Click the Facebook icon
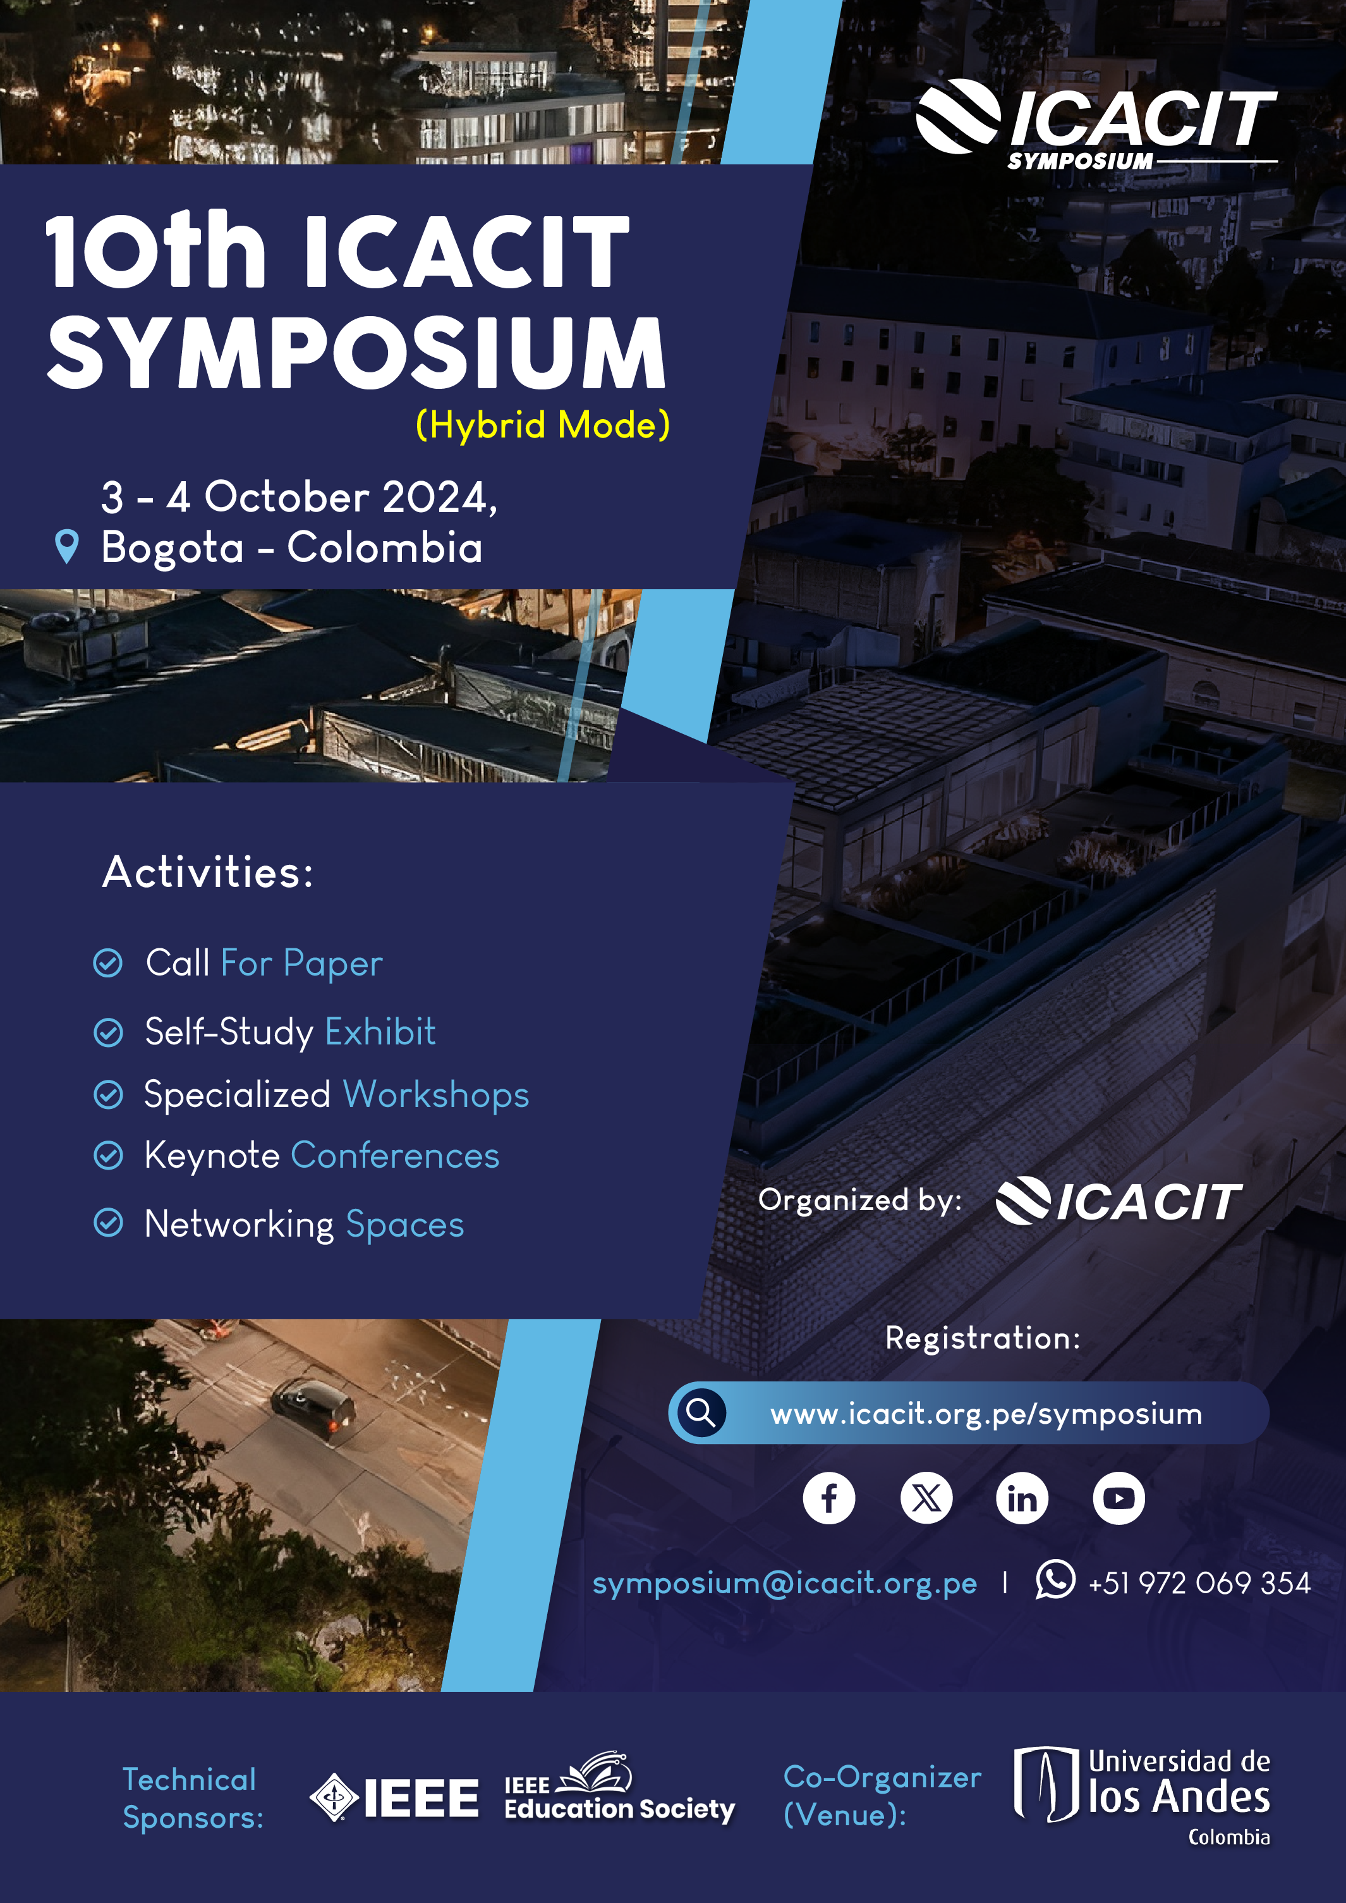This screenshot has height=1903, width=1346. click(829, 1498)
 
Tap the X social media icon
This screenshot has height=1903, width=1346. click(926, 1498)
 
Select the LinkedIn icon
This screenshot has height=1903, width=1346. click(1022, 1498)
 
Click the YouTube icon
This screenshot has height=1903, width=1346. click(1119, 1498)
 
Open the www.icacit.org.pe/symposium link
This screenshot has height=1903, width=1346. click(986, 1414)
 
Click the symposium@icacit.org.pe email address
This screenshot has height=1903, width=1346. click(784, 1583)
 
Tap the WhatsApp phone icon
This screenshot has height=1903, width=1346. click(1055, 1579)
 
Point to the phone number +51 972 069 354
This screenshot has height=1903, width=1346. click(1199, 1583)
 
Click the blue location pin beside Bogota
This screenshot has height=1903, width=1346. click(66, 546)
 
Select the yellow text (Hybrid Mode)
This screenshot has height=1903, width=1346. click(543, 425)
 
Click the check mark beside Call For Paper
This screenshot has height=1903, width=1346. click(108, 963)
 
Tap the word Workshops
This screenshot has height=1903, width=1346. click(436, 1094)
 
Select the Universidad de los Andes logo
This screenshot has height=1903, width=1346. click(1142, 1796)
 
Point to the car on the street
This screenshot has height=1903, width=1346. click(313, 1405)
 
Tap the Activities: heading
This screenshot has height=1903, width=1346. click(208, 872)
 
